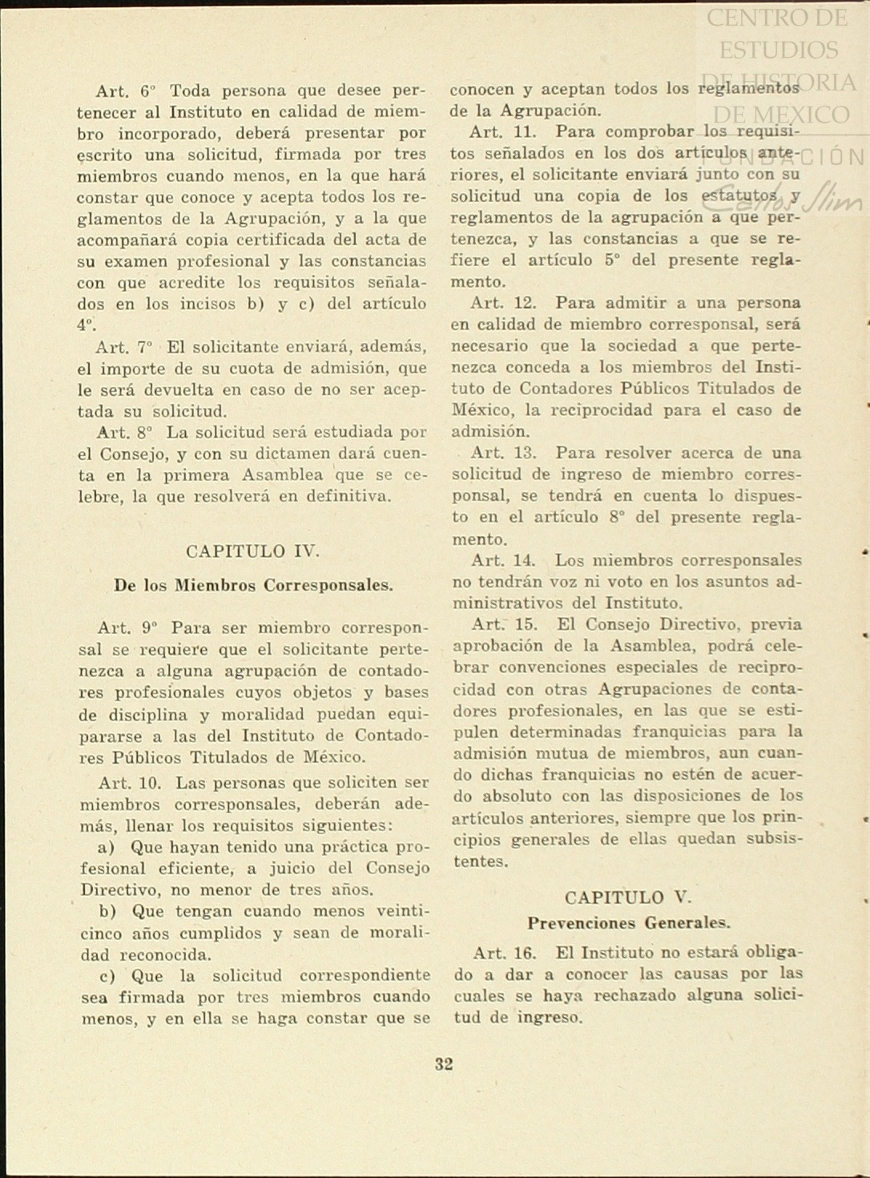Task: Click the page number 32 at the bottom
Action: [444, 1064]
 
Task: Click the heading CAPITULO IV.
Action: [252, 551]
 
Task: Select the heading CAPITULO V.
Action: [627, 898]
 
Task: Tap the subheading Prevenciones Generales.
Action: [628, 923]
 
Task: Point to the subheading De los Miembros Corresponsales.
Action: [253, 585]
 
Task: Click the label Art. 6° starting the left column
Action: [126, 91]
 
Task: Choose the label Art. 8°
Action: [124, 433]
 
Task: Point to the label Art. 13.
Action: [503, 453]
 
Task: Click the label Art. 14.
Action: [503, 560]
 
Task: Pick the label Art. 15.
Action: [503, 624]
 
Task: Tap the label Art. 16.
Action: [504, 953]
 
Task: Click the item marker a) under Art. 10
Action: [106, 847]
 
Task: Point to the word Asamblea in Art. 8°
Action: [283, 475]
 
